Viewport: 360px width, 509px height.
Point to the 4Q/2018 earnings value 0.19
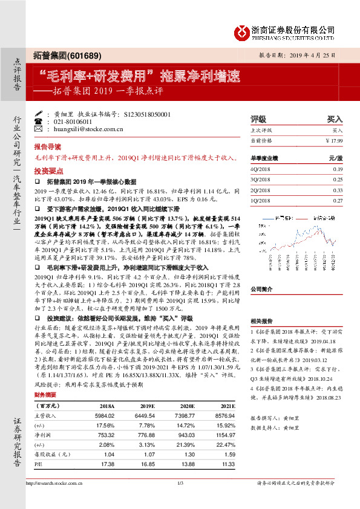[337, 169]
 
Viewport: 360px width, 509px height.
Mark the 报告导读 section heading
[47, 147]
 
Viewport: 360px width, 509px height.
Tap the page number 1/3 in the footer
[180, 482]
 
